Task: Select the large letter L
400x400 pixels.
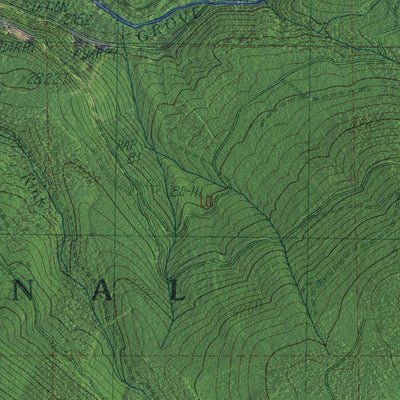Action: coord(175,291)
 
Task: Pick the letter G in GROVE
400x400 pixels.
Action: coord(142,37)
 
